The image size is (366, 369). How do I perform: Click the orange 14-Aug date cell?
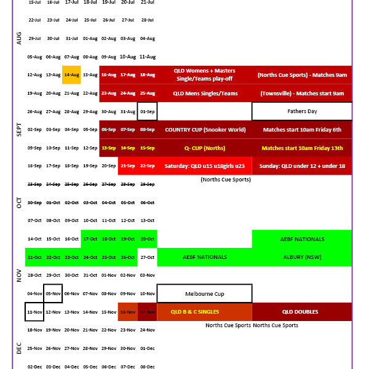[71, 75]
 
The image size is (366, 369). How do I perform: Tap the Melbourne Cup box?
[204, 293]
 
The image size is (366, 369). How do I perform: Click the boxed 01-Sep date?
[148, 111]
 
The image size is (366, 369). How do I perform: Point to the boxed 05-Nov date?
[53, 293]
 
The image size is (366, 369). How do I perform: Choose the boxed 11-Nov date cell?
[34, 312]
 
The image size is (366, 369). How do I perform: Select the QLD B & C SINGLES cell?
[204, 312]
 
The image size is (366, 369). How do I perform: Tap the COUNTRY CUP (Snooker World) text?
[205, 130]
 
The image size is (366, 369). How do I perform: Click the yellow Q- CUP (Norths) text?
[205, 148]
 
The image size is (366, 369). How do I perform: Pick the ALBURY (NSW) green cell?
[301, 257]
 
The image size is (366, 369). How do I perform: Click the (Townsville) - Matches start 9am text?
[301, 93]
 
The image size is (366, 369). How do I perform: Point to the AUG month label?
[19, 38]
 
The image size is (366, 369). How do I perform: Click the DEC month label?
[19, 348]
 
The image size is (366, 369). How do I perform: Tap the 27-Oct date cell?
[148, 257]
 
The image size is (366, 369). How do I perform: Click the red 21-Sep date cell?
[128, 166]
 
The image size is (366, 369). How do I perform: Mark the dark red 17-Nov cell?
[148, 312]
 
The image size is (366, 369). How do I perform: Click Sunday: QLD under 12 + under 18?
[301, 166]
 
